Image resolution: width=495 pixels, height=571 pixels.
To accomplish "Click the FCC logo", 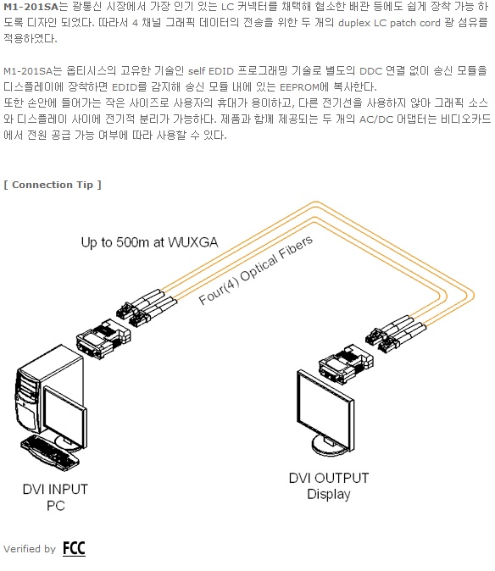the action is (x=74, y=548).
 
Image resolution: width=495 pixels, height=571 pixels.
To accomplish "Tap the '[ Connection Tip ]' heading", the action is (x=53, y=185).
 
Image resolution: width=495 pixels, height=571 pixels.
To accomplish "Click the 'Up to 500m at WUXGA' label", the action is (x=149, y=242).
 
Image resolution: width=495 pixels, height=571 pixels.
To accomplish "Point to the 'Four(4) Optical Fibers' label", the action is (x=256, y=269).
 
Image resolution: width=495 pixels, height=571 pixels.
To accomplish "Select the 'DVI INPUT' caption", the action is (x=55, y=489).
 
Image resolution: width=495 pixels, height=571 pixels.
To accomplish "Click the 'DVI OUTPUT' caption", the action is (x=329, y=478).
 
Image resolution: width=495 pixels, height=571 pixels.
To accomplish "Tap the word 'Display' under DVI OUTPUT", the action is (x=329, y=494).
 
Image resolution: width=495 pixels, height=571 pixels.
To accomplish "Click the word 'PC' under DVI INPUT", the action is (x=56, y=506).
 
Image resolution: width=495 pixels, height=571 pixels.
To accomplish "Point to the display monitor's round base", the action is (x=328, y=447).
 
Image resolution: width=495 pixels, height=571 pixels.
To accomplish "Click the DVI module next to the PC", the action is (x=103, y=339).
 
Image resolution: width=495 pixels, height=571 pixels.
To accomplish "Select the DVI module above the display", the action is (x=345, y=363).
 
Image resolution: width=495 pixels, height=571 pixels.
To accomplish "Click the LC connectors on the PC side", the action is (x=147, y=308).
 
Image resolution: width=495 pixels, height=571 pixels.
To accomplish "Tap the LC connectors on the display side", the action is (x=395, y=334).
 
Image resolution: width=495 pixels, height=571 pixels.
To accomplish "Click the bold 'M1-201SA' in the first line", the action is (x=31, y=7).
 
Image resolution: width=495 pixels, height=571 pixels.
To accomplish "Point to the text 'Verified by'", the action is (x=30, y=549).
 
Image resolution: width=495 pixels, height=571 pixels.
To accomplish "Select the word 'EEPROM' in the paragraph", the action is (x=299, y=87).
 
